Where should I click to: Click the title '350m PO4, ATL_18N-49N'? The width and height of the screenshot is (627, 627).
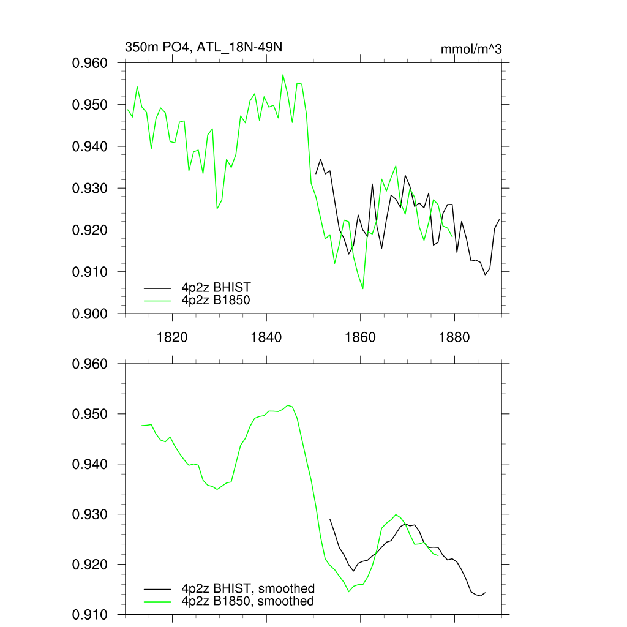[x=203, y=47]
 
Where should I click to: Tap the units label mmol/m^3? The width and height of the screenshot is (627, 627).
[x=471, y=49]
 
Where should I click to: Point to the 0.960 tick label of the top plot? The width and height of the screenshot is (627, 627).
[x=91, y=63]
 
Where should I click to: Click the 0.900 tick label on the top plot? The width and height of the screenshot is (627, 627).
[x=91, y=313]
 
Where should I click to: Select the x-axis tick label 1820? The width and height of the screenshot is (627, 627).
[x=172, y=337]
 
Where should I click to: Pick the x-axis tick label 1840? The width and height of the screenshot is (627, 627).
[x=266, y=337]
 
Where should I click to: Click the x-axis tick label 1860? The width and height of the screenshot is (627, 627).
[x=361, y=337]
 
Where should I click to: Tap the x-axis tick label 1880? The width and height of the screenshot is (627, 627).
[x=455, y=337]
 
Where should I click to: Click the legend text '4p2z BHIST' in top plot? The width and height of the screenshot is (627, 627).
[x=216, y=287]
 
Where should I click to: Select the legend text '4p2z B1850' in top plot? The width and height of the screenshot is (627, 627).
[x=216, y=300]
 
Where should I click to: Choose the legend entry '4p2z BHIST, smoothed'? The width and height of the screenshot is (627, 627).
[x=248, y=588]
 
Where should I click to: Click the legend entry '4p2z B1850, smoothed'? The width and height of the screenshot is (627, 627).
[x=248, y=601]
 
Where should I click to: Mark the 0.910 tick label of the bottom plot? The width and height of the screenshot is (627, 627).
[x=91, y=614]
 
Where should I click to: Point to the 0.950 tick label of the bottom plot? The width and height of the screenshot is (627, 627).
[x=91, y=414]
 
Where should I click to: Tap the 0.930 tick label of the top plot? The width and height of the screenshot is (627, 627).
[x=91, y=188]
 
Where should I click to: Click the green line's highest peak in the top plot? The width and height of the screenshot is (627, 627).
[x=283, y=75]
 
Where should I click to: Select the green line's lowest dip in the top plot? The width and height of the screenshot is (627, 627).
[x=363, y=288]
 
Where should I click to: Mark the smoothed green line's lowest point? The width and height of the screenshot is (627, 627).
[x=349, y=591]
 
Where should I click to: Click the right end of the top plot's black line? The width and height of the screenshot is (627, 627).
[x=500, y=219]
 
